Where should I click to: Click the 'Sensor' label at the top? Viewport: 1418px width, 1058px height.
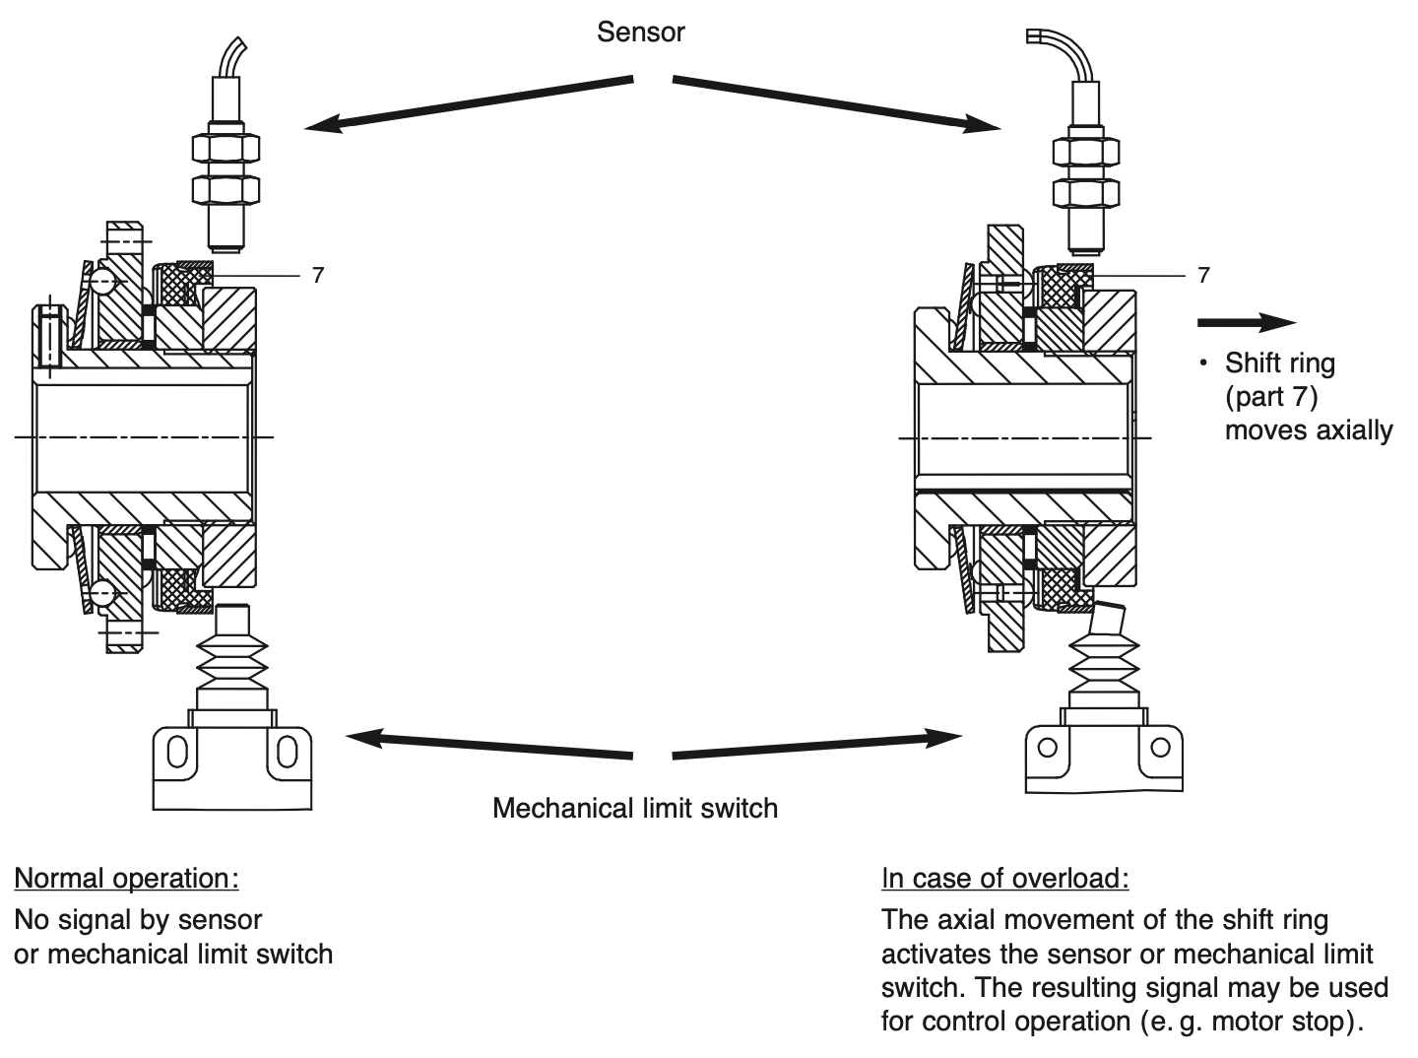pyautogui.click(x=640, y=33)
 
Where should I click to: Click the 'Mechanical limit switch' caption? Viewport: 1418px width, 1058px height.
pyautogui.click(x=634, y=809)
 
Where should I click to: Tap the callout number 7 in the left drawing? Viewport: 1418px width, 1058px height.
pyautogui.click(x=317, y=276)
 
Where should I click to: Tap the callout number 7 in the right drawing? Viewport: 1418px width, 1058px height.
pyautogui.click(x=1203, y=276)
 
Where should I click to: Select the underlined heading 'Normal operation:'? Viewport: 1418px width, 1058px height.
pyautogui.click(x=126, y=878)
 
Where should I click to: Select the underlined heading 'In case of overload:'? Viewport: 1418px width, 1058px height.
pyautogui.click(x=1004, y=878)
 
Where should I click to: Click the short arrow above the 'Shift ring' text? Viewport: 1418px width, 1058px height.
pyautogui.click(x=1245, y=323)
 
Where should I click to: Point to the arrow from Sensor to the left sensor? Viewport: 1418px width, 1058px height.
pyautogui.click(x=468, y=101)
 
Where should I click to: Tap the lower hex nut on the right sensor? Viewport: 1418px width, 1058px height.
pyautogui.click(x=1086, y=188)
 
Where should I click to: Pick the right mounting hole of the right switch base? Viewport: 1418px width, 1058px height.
pyautogui.click(x=1161, y=748)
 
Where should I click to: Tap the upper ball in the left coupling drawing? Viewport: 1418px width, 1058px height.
pyautogui.click(x=102, y=283)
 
